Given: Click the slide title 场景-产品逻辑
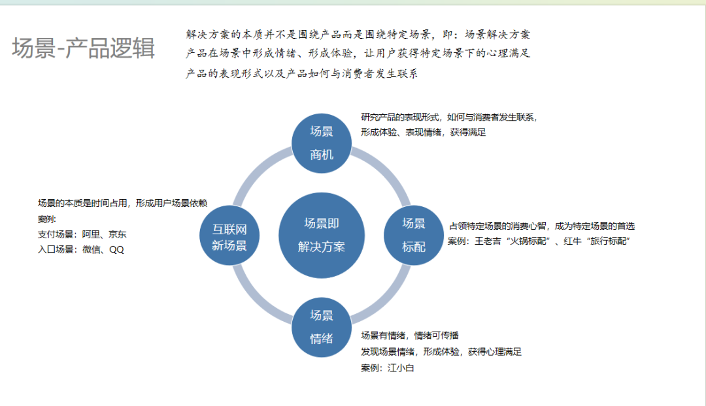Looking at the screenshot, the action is (x=84, y=48).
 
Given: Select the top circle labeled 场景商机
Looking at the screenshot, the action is (x=322, y=143).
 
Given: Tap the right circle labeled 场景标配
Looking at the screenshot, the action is (x=414, y=235).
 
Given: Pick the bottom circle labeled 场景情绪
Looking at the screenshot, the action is (x=322, y=327).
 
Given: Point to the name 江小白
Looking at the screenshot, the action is (x=401, y=368).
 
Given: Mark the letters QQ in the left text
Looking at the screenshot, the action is (x=116, y=249).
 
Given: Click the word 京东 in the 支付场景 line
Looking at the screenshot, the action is (x=118, y=234).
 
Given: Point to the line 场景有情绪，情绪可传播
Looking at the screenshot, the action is (x=410, y=336).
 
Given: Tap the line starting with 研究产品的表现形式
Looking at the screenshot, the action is (x=449, y=117).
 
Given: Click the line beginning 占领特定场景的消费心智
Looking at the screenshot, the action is (x=541, y=226).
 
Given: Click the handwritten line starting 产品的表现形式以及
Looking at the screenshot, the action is (x=301, y=74).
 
